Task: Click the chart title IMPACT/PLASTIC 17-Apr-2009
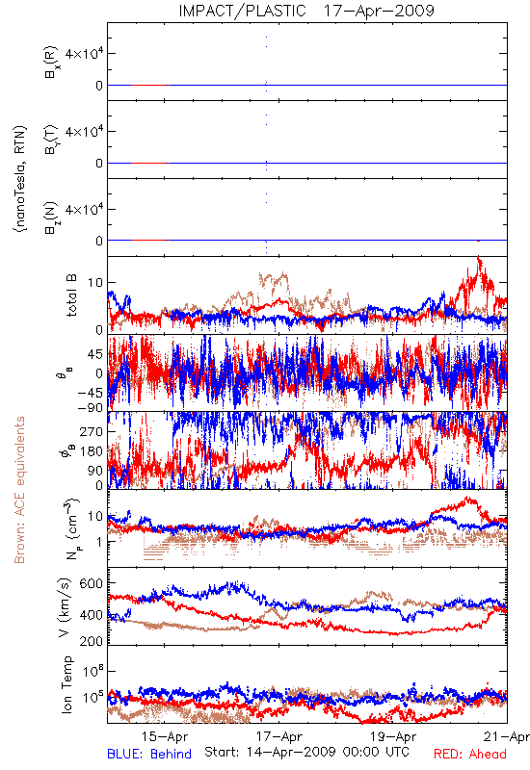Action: tap(306, 11)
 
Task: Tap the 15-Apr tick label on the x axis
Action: tap(165, 736)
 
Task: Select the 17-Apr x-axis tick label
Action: tap(279, 736)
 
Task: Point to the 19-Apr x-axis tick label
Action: tap(393, 736)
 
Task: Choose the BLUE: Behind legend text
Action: tap(149, 754)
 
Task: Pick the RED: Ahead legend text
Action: tap(470, 754)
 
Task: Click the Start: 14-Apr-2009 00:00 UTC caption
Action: tap(306, 752)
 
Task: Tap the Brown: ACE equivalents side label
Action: tap(19, 490)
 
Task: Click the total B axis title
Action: tap(71, 295)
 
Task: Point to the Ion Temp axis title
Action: tap(67, 684)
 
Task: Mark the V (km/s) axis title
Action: tap(65, 608)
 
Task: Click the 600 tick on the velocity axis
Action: tap(92, 583)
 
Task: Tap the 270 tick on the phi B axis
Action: tap(92, 431)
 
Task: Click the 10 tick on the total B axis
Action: tap(96, 283)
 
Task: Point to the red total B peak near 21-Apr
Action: tap(478, 258)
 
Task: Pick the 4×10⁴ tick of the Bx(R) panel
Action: tap(84, 53)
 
